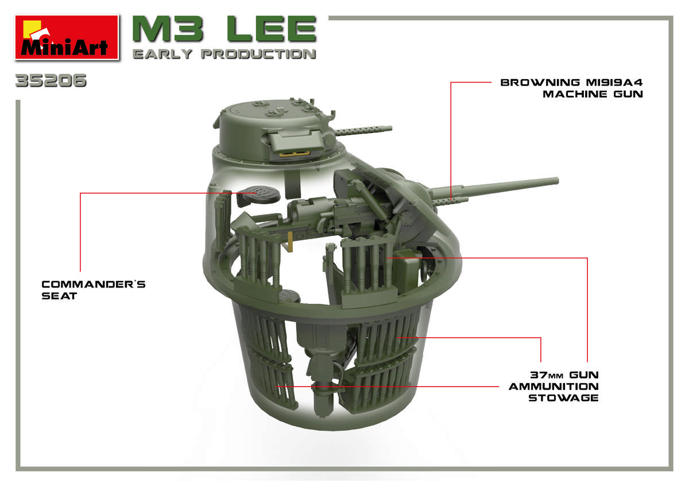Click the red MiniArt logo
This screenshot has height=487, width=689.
click(x=67, y=37)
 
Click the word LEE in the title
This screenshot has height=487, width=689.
click(x=272, y=29)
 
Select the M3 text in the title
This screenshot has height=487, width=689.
click(x=168, y=29)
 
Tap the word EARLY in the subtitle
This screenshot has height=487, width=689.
click(x=162, y=54)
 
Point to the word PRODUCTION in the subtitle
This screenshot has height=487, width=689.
click(x=258, y=54)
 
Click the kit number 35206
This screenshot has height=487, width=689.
click(x=51, y=80)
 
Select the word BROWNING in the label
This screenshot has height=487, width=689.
click(x=540, y=83)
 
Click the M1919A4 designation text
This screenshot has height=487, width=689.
click(x=614, y=83)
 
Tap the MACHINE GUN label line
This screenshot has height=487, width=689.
click(x=593, y=94)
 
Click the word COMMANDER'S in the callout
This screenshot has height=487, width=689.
click(x=94, y=284)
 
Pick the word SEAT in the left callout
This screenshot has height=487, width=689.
click(x=59, y=296)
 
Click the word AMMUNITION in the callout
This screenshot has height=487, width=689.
click(x=553, y=386)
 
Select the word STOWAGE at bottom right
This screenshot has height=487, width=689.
click(x=563, y=398)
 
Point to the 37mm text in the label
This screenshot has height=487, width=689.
click(x=547, y=375)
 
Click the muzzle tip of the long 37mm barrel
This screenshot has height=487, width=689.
click(x=557, y=181)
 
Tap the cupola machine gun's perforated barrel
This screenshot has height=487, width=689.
click(x=363, y=130)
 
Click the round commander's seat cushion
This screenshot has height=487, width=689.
click(x=258, y=195)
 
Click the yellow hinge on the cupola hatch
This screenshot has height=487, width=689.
click(x=295, y=153)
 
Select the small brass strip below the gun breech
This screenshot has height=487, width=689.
click(x=290, y=242)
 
